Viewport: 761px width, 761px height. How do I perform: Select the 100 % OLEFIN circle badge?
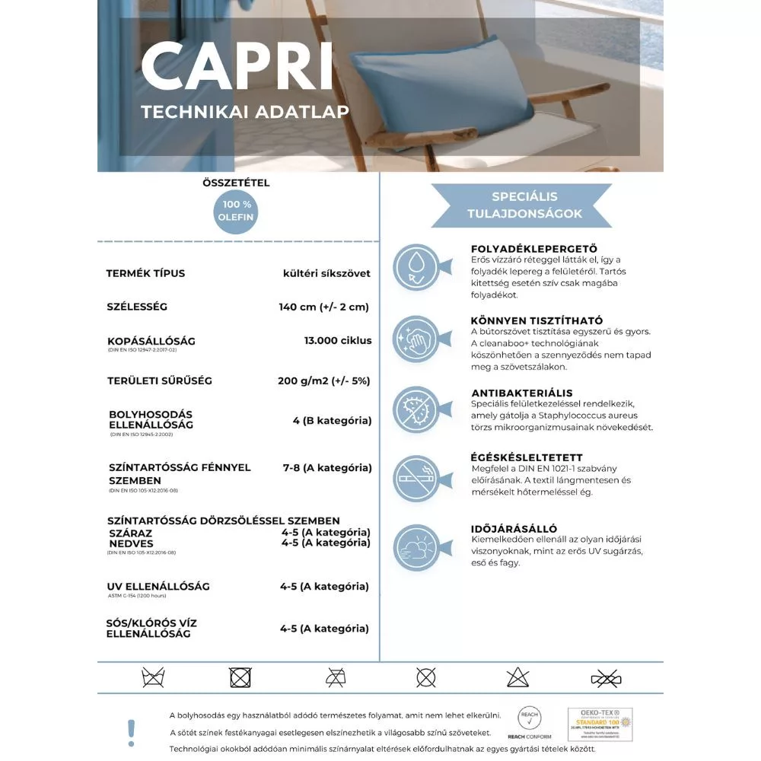tap(237, 211)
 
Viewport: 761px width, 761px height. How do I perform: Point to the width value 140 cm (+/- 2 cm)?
tap(323, 307)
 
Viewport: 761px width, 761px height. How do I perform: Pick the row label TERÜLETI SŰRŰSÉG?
tap(159, 380)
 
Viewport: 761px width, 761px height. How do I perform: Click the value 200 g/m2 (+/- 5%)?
tap(324, 380)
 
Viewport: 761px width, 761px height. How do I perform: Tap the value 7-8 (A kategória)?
tap(327, 467)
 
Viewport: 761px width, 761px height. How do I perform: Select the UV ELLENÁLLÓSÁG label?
tap(158, 587)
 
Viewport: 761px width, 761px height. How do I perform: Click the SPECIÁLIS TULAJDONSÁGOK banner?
tap(521, 205)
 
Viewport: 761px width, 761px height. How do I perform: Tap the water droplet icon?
tap(416, 267)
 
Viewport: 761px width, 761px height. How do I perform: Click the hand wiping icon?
tap(416, 339)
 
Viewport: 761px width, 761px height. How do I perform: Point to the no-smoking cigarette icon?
tap(416, 478)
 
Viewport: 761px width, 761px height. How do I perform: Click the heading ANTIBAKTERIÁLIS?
tap(521, 392)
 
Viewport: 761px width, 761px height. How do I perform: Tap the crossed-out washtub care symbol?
tap(153, 677)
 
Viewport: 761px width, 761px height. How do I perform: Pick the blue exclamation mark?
tap(131, 732)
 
